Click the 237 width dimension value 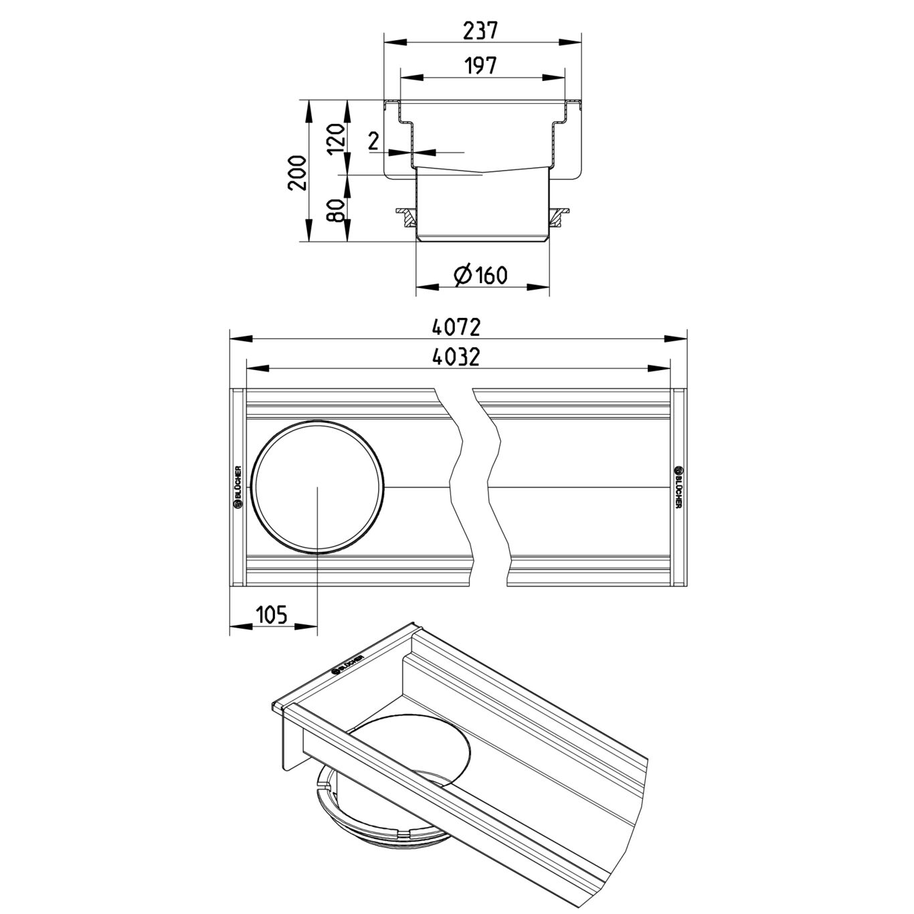pos(480,31)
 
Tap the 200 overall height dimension pos(297,173)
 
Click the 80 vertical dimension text pos(336,210)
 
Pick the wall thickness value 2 pos(374,141)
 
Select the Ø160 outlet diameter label pos(480,274)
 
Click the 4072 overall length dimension pos(456,327)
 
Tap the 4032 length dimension pos(456,357)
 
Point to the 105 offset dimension pos(272,615)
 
